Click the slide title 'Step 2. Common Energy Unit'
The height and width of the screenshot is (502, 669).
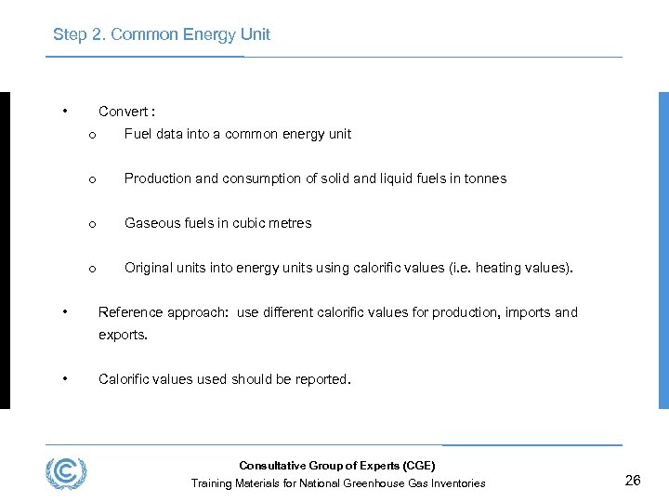pos(162,34)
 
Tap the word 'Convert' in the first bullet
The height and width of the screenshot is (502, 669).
pos(124,112)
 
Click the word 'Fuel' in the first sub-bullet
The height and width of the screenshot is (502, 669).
pos(138,134)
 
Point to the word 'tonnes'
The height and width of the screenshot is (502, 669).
pos(484,178)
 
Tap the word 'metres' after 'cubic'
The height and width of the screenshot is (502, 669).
pos(290,223)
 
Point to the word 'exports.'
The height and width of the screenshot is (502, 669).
pos(123,335)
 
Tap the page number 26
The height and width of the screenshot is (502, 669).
pos(633,481)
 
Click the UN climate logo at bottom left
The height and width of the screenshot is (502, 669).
pos(66,473)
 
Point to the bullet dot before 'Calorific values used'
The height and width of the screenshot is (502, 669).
pos(64,378)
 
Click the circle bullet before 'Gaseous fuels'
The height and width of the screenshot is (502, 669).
pos(92,224)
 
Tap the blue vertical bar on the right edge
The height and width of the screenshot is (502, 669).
pos(662,250)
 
